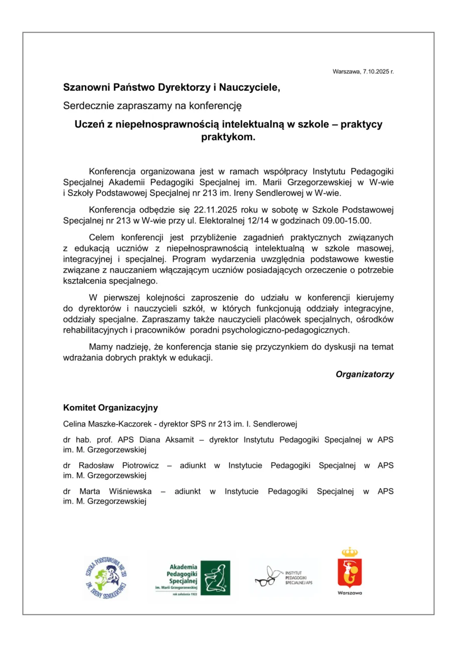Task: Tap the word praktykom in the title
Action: [227, 137]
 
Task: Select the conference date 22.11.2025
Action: [215, 210]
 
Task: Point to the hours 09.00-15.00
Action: [347, 221]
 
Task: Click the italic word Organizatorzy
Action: [365, 374]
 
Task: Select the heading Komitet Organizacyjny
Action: [110, 408]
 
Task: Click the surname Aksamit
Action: [180, 440]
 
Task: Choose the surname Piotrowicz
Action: [140, 466]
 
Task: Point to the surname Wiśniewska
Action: [130, 492]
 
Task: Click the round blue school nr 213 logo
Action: [106, 578]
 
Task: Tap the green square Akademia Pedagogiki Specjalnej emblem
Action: [215, 578]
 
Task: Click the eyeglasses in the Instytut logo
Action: [265, 581]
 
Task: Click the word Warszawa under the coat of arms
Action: [350, 593]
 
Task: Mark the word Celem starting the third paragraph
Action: [101, 238]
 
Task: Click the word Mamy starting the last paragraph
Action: [101, 347]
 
